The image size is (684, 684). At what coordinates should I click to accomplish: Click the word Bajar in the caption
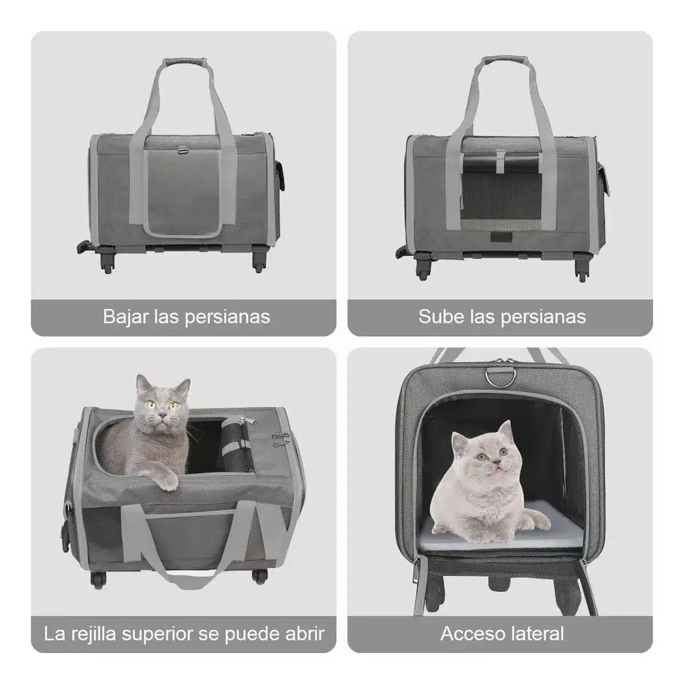click(125, 317)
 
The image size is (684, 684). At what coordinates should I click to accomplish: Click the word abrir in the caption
click(305, 634)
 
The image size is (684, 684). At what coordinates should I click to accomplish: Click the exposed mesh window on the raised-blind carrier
click(501, 196)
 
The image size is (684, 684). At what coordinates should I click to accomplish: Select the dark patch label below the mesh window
click(501, 237)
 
